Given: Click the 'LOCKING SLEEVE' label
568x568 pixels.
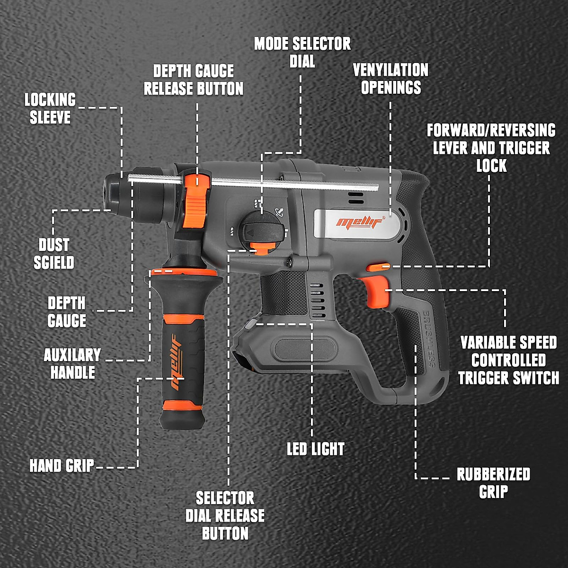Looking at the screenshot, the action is (50, 108).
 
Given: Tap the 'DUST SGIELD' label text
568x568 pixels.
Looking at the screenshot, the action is (54, 254).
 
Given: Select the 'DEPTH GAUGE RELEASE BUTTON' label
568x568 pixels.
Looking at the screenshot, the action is (193, 80).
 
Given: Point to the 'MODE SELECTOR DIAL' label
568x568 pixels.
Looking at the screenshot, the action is (302, 52).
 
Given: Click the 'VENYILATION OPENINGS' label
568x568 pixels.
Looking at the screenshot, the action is (390, 79).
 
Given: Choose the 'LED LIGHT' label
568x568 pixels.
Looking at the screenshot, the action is (316, 449).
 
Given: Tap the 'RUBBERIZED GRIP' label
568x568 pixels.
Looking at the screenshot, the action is (493, 483).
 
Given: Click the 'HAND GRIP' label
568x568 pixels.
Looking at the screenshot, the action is (62, 466).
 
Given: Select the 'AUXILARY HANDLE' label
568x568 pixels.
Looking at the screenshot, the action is (72, 364).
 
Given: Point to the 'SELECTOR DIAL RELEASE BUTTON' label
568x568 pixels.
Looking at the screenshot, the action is (225, 515).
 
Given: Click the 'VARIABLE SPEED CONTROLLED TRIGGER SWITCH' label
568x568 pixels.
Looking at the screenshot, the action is (508, 360).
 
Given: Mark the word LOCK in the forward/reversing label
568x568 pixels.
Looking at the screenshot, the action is (491, 166).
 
